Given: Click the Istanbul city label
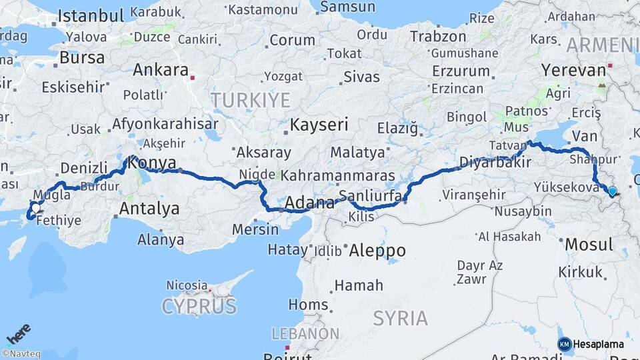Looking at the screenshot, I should tap(92, 15).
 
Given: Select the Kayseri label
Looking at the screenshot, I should tap(319, 125).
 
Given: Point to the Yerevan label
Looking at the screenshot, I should tap(567, 69).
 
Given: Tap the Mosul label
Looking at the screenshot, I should tap(589, 245).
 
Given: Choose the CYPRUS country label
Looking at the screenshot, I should tap(199, 307).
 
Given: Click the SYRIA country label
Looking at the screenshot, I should tap(400, 318).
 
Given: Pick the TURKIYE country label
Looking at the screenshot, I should tap(251, 101).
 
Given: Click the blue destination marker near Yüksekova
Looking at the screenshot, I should tap(612, 192).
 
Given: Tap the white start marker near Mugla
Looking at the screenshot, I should tap(35, 207).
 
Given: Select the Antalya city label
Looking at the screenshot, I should tap(149, 209).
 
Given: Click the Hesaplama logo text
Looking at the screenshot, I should tap(598, 344).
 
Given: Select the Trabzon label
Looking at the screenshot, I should tap(438, 37).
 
